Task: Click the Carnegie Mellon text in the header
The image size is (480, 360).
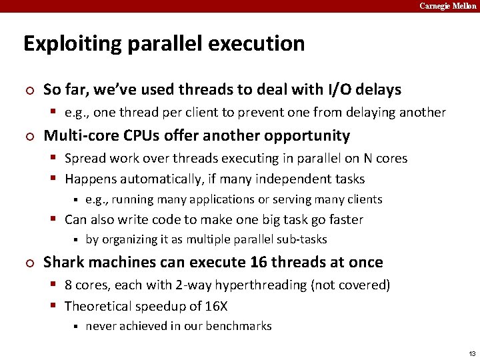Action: point(447,6)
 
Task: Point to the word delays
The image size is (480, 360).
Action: point(379,89)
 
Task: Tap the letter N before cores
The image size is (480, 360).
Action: point(367,159)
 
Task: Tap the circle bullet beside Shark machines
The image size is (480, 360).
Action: point(27,263)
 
